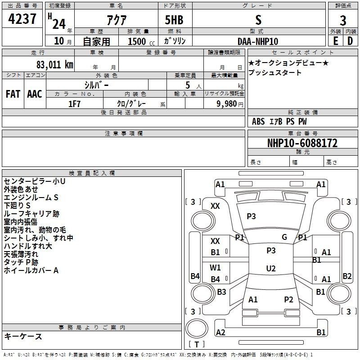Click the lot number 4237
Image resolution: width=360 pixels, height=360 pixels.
22,19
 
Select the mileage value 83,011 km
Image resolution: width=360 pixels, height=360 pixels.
55,65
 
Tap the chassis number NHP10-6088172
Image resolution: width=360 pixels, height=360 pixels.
302,143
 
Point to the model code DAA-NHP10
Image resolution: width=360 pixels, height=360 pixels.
258,41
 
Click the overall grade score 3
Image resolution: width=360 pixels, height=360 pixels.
343,20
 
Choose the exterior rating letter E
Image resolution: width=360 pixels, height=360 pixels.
336,41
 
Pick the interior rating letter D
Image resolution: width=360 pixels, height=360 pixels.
350,41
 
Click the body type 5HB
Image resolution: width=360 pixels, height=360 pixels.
174,20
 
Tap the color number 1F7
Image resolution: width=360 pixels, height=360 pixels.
74,104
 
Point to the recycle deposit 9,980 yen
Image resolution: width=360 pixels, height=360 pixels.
230,104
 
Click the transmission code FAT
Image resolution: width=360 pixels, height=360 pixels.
13,94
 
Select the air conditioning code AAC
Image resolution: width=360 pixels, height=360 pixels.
35,94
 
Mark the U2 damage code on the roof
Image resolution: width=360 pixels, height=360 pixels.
271,268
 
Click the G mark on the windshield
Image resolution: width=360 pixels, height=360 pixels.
284,237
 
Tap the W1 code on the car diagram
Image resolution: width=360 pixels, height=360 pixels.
215,267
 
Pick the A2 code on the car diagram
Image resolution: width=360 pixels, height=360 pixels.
220,332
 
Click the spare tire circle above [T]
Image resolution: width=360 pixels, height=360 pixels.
197,328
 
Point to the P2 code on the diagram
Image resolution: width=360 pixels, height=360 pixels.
288,299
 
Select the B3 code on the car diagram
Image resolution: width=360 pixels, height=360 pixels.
221,292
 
